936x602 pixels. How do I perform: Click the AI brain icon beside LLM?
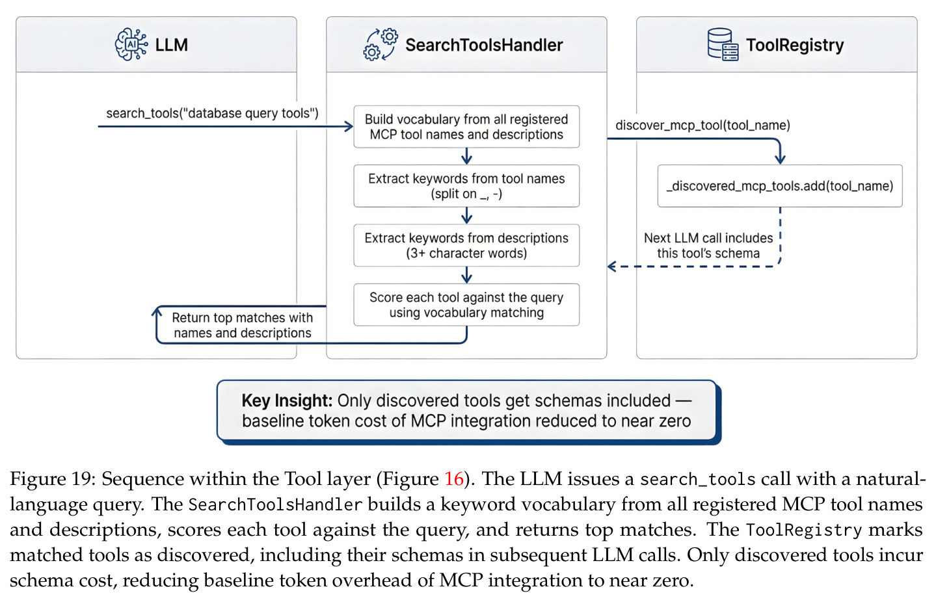(131, 45)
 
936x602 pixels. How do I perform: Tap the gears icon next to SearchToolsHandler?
(381, 45)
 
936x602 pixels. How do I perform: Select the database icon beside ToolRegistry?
(723, 45)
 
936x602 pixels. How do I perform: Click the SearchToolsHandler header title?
(484, 45)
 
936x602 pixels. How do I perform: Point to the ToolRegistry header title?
(795, 46)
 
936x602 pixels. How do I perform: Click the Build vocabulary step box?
(466, 127)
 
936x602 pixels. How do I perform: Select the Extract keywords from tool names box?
(466, 186)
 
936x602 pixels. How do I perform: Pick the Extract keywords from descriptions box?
(466, 245)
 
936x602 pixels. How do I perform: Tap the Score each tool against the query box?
(466, 304)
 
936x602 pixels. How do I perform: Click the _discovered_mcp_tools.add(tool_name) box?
(780, 186)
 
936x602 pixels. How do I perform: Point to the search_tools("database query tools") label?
(212, 113)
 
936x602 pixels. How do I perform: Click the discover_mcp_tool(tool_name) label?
(703, 125)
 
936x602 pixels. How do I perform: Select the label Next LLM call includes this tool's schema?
(708, 246)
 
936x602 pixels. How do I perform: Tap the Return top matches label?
(243, 325)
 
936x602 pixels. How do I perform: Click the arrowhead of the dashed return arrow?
(611, 266)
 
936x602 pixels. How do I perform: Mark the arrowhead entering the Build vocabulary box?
(349, 126)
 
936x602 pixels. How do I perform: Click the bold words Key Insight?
(287, 400)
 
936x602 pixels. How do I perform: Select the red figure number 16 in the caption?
(454, 478)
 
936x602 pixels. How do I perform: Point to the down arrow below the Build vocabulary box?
(466, 156)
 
